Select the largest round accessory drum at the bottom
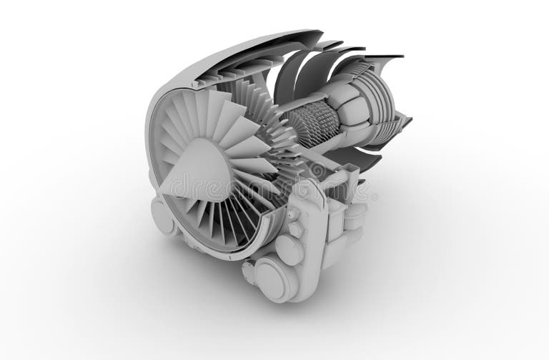tap(274, 279)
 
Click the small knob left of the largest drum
tap(248, 272)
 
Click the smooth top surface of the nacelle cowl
tap(236, 50)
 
